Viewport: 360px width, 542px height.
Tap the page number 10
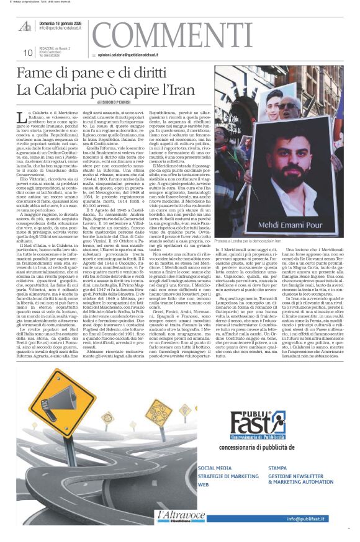click(x=28, y=53)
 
